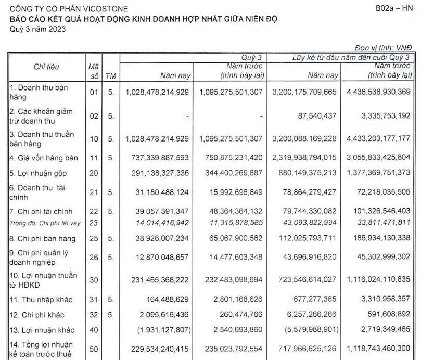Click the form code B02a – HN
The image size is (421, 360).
397,9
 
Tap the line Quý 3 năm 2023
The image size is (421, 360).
38,28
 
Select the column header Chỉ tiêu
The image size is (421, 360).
46,67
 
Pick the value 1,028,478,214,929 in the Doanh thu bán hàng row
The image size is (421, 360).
157,92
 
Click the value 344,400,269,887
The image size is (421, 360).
231,172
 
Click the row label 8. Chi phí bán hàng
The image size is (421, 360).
43,239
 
